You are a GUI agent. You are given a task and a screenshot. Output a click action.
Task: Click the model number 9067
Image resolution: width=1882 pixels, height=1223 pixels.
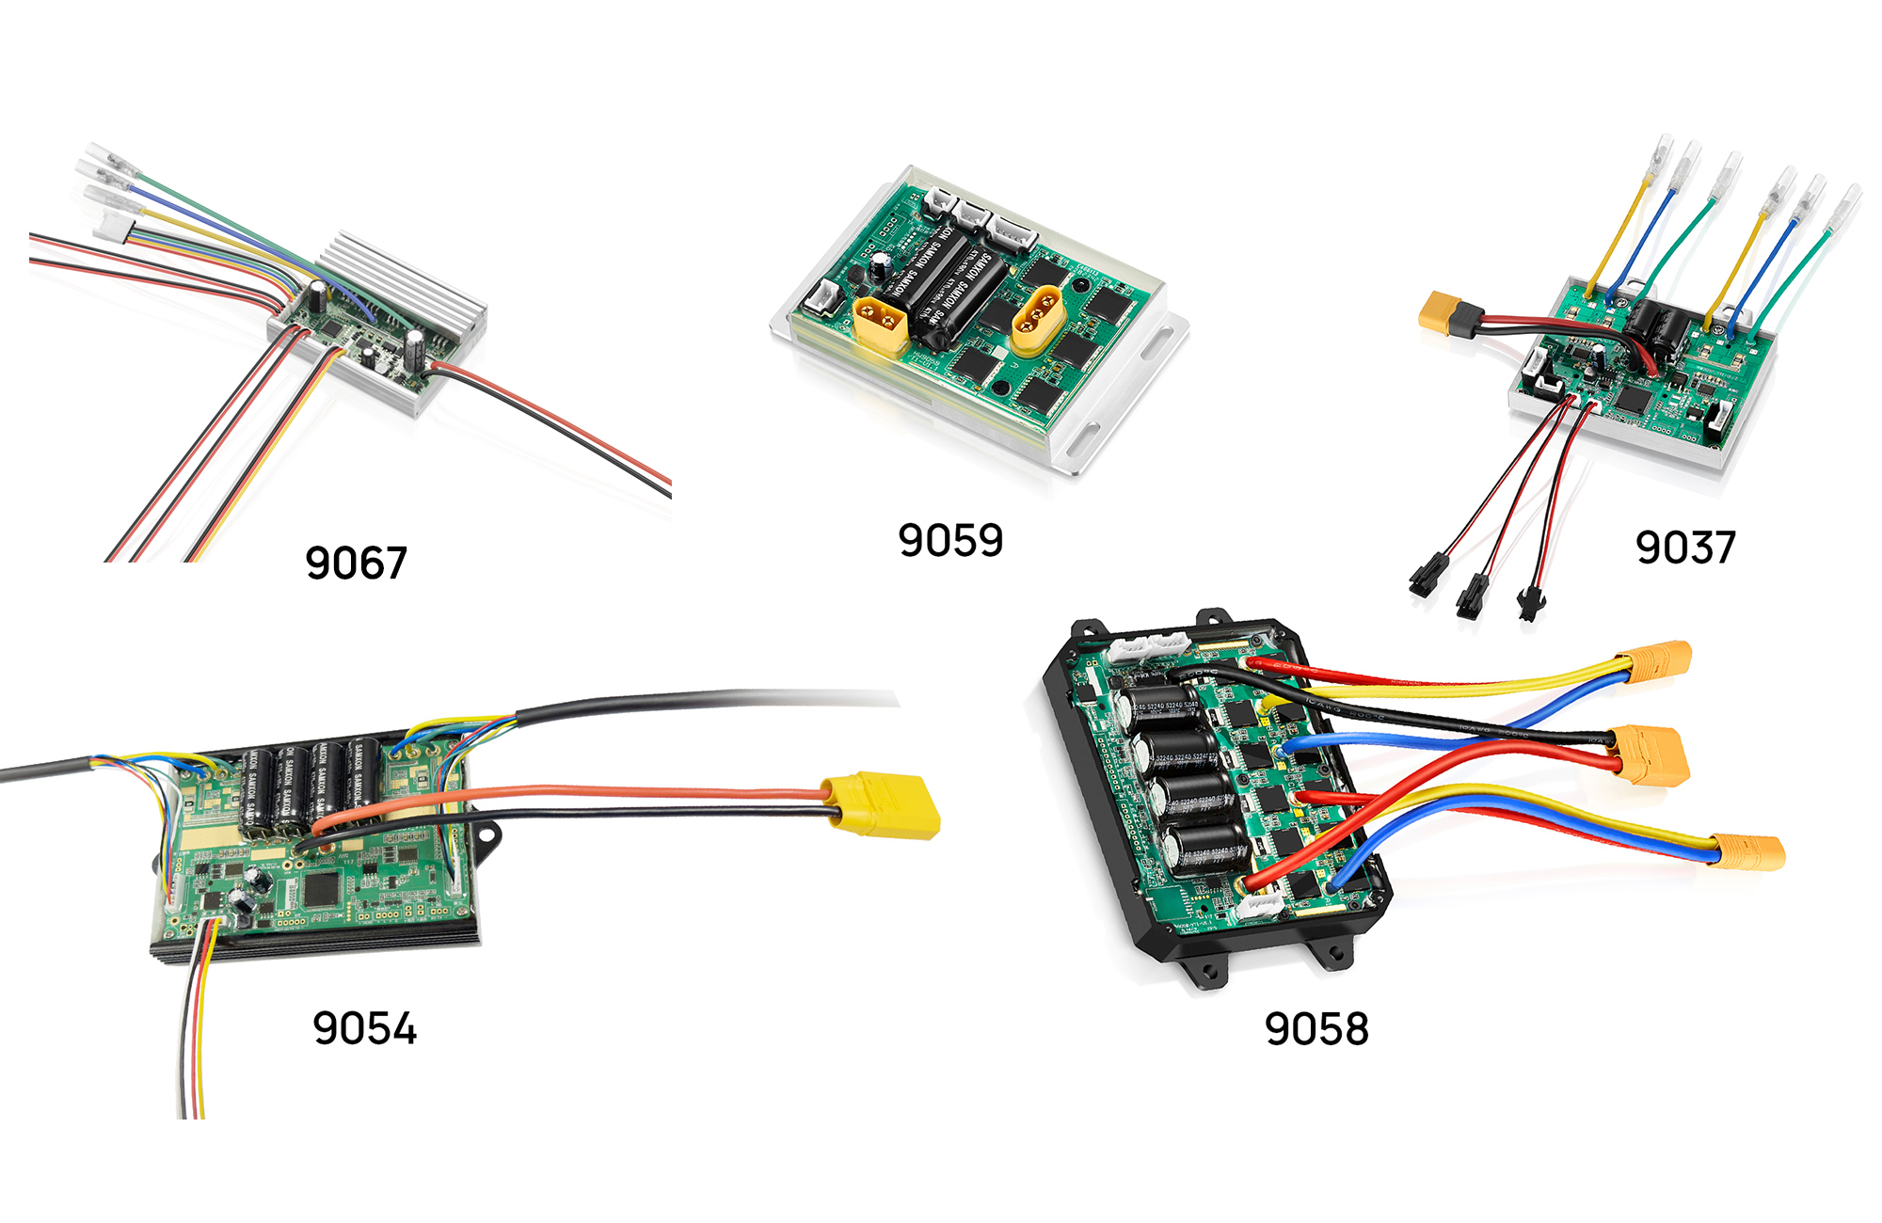tap(356, 563)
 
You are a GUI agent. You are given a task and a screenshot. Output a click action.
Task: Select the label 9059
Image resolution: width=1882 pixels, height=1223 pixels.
tap(950, 540)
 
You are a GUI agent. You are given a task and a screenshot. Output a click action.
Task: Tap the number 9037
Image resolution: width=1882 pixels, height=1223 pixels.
tap(1684, 547)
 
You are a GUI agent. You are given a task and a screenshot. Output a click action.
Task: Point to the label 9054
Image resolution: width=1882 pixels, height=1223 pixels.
tap(364, 1027)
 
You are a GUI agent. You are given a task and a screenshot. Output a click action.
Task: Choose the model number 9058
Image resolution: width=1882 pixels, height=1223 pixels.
tap(1316, 1028)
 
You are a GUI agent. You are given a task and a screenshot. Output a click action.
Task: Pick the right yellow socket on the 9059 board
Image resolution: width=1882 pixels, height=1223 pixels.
tap(1038, 318)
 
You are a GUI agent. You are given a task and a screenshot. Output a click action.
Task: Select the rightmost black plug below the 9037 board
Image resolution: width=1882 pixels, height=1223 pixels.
tap(1528, 602)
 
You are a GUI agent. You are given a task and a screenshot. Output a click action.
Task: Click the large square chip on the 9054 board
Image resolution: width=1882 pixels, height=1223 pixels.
tap(322, 888)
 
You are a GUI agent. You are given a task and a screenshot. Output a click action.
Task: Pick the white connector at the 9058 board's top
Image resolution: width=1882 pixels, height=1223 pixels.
tap(1148, 646)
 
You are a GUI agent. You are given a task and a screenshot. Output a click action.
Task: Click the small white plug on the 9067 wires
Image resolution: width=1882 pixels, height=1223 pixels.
tap(114, 226)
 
